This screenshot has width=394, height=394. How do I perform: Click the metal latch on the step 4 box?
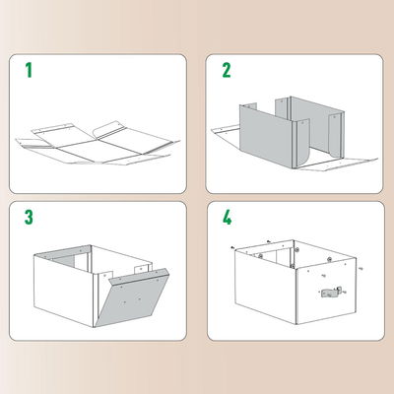click(x=331, y=293)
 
